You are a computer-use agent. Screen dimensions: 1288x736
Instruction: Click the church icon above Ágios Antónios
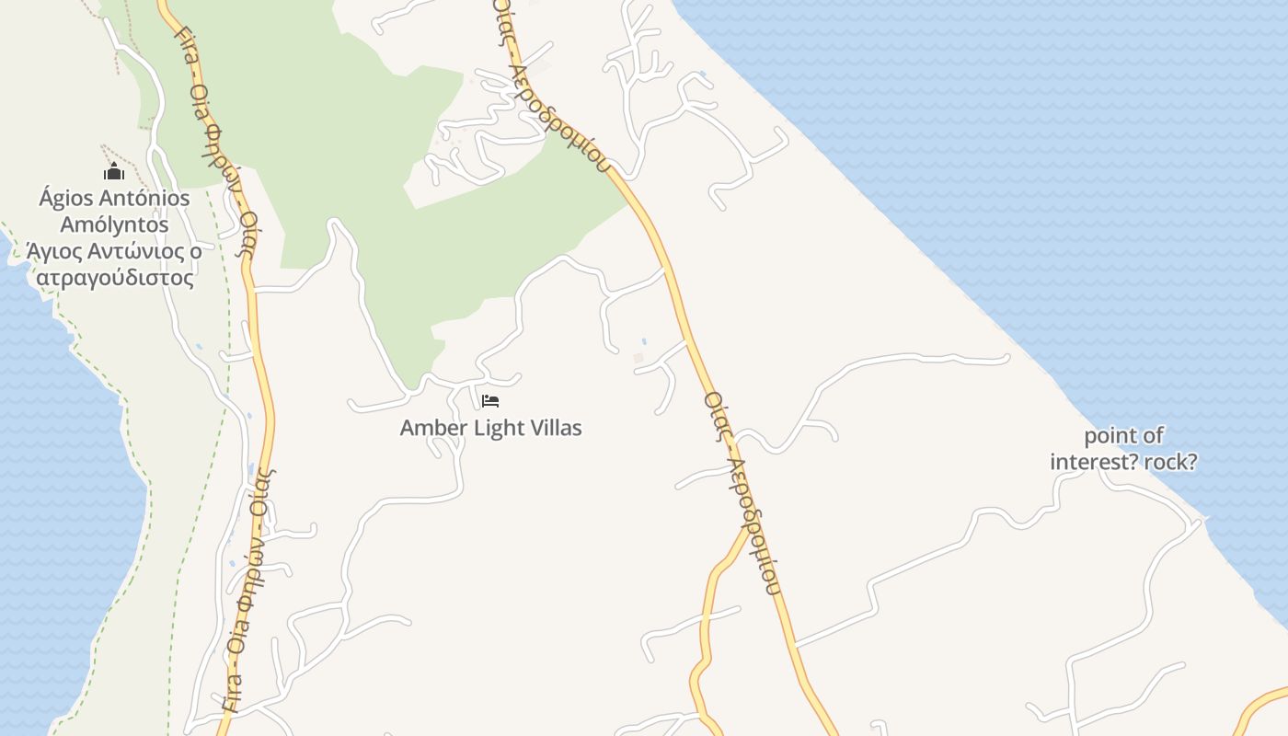coord(114,171)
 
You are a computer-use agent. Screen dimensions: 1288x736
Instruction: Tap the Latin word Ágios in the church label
coord(64,198)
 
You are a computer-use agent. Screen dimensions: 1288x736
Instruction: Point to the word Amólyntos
coord(114,224)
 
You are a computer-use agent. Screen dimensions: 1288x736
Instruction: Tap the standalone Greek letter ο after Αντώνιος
coord(196,251)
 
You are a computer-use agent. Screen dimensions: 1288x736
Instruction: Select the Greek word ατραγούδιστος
coord(114,278)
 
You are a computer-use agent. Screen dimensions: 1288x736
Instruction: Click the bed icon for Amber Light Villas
coord(490,401)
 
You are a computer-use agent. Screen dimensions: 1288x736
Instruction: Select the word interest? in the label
coord(1095,461)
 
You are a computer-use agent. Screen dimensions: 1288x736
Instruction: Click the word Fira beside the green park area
coord(188,42)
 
